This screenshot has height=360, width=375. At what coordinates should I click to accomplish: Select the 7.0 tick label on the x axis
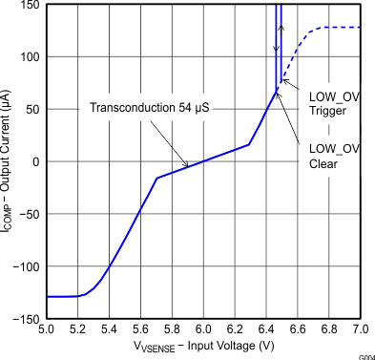[360, 329]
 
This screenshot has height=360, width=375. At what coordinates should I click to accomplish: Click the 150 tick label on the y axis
[30, 6]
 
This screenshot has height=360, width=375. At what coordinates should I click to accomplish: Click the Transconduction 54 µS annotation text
[149, 106]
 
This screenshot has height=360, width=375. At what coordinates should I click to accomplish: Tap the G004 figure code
[365, 355]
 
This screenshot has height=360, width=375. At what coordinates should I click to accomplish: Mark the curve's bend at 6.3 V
[249, 145]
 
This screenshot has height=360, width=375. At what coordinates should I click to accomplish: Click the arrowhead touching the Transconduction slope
[188, 166]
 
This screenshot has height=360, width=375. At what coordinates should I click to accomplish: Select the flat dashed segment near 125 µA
[339, 28]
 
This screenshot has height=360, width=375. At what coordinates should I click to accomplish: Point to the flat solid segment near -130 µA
[62, 296]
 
